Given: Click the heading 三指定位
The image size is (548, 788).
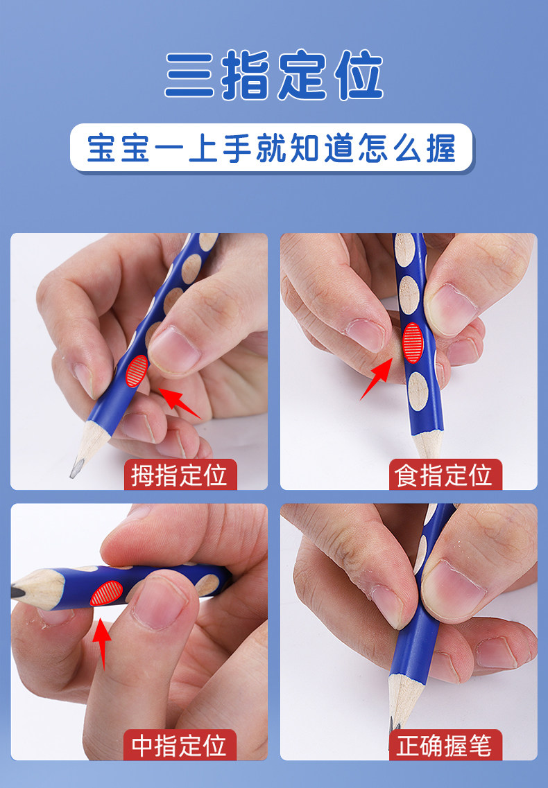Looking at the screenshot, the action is pyautogui.click(x=274, y=74).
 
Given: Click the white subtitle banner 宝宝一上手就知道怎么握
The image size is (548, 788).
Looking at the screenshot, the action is pyautogui.click(x=272, y=148).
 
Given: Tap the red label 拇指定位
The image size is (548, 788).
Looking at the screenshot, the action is pyautogui.click(x=180, y=475).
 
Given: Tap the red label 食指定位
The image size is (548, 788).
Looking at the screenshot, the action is pyautogui.click(x=445, y=475).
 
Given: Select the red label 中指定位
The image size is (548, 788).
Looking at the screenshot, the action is pyautogui.click(x=180, y=745).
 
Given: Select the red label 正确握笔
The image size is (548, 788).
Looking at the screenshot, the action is pyautogui.click(x=445, y=745).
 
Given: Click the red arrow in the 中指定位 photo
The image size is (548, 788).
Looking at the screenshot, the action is pyautogui.click(x=102, y=644).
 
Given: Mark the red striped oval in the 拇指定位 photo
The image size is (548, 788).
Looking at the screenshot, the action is pyautogui.click(x=137, y=371).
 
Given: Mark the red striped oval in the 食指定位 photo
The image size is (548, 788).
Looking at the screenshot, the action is pyautogui.click(x=413, y=343).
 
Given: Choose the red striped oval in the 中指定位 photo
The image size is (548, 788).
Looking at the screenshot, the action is pyautogui.click(x=106, y=593).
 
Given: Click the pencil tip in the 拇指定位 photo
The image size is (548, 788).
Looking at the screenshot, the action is pyautogui.click(x=74, y=473).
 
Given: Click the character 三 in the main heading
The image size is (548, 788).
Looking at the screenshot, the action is pyautogui.click(x=189, y=75).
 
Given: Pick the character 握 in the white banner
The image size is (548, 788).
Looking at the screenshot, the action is pyautogui.click(x=441, y=148).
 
